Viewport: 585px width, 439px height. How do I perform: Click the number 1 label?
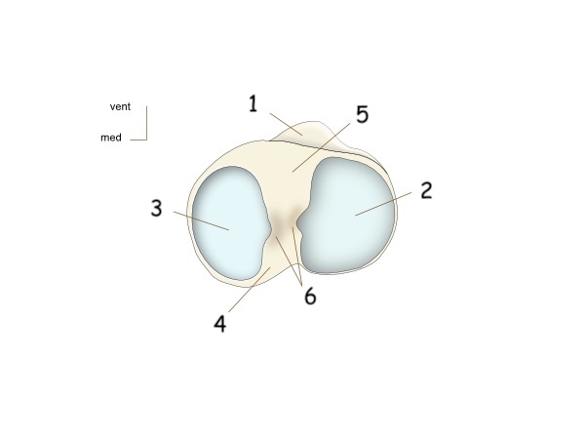[x=253, y=103]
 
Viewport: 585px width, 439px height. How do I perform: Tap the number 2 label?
[x=426, y=190]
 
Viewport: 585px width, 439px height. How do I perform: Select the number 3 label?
[x=156, y=208]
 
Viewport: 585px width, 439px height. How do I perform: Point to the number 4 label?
[x=220, y=323]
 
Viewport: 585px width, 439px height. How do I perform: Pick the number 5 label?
[x=362, y=115]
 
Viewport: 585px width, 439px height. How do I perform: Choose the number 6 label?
[x=310, y=296]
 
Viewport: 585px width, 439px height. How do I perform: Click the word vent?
[x=120, y=106]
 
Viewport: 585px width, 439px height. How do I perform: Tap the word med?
[x=111, y=138]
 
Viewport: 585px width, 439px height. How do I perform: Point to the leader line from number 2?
[x=384, y=203]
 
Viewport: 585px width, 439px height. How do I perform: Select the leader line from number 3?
[x=201, y=220]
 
